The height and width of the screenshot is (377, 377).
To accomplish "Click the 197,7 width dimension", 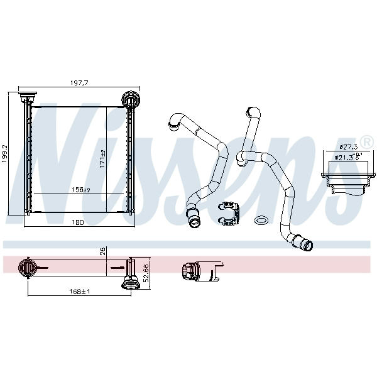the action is tap(79, 83).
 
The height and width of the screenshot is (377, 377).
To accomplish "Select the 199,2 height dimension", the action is tap(4, 154).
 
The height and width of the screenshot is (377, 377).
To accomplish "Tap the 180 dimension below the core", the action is tap(78, 222).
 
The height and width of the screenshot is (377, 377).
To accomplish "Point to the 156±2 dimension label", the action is tap(81, 190).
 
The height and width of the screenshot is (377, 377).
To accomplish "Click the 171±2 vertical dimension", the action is tap(102, 159).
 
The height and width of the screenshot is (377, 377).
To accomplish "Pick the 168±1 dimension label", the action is tap(80, 292).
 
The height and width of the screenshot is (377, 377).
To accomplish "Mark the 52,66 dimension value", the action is tap(146, 273).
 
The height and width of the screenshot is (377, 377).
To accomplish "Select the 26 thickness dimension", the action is tap(102, 251).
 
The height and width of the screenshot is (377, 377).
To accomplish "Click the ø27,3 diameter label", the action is tap(349, 146).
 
